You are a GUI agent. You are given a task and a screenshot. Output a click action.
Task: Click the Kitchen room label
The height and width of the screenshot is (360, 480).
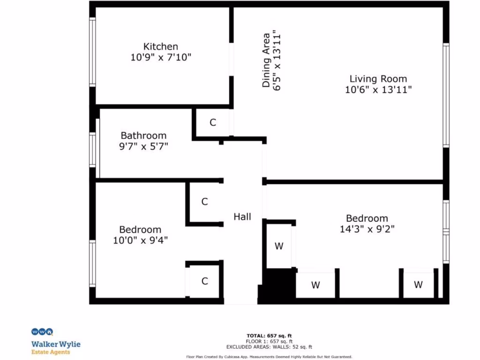(x=160, y=46)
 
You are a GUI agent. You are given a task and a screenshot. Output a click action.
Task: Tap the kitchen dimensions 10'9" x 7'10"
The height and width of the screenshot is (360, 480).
(x=161, y=57)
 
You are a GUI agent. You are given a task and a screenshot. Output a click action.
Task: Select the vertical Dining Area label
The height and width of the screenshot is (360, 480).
(x=266, y=60)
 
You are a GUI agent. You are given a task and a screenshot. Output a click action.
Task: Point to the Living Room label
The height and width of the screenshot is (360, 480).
(x=378, y=79)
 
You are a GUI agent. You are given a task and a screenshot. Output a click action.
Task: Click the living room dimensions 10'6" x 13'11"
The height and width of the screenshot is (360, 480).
(x=378, y=90)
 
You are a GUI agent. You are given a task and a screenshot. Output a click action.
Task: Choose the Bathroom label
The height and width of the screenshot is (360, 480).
(x=143, y=135)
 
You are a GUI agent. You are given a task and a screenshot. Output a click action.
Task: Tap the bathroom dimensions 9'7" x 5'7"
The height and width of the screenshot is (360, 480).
(x=143, y=146)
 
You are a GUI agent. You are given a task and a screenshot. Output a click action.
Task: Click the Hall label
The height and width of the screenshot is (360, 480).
(x=242, y=217)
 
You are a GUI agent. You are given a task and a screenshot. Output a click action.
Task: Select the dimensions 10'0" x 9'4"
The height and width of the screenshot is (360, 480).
(x=140, y=240)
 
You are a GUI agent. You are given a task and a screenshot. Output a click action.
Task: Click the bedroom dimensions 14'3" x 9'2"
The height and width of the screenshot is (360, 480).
(x=367, y=229)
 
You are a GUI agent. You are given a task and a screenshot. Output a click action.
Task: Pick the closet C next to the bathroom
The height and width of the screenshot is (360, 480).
(x=212, y=123)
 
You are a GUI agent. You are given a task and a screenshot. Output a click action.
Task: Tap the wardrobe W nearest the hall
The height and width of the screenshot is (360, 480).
(x=279, y=246)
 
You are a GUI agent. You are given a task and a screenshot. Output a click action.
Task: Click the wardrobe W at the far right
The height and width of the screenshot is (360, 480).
(x=418, y=285)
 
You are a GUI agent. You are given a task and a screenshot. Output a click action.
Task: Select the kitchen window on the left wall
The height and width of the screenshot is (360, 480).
(x=93, y=52)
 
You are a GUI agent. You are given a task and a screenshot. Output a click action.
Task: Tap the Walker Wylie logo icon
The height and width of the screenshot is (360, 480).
(x=42, y=332)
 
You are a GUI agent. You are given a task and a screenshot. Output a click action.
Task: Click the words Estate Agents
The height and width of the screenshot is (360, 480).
(x=51, y=352)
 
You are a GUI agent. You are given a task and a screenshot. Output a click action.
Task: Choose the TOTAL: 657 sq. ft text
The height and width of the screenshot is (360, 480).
(x=269, y=336)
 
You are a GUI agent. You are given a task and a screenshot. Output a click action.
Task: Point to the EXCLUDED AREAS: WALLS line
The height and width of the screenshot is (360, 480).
(x=269, y=347)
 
